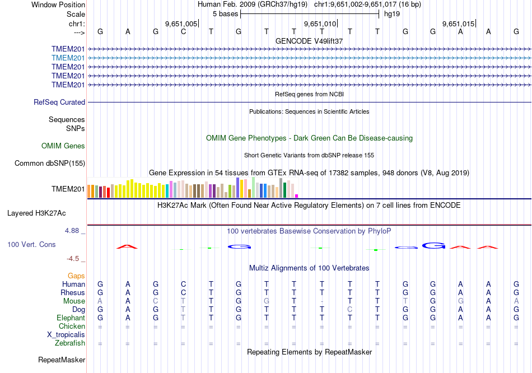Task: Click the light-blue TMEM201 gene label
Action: (68, 58)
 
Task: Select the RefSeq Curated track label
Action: (59, 102)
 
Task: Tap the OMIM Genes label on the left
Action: (63, 146)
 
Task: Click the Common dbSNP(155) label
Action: (50, 164)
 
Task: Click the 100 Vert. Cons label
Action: (31, 245)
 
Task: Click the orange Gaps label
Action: (76, 276)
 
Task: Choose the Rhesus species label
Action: (73, 293)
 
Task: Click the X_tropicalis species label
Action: (66, 335)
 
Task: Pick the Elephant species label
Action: (70, 318)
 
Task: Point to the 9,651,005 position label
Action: (181, 24)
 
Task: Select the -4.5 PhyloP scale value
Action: (74, 259)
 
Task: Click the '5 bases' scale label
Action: (225, 13)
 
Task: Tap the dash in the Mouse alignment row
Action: (322, 301)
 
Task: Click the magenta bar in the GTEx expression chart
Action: (296, 195)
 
